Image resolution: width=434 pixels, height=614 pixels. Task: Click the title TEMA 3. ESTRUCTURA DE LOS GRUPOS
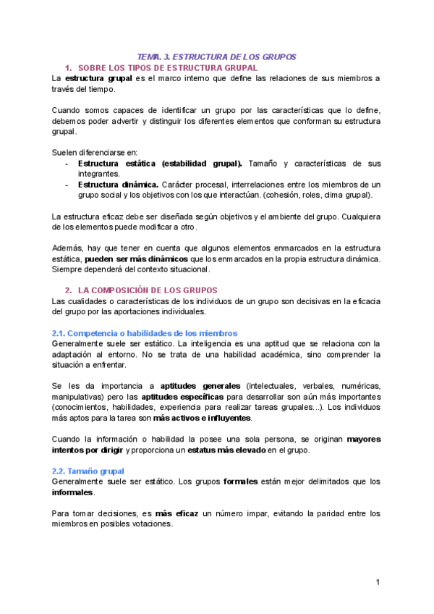pyautogui.click(x=217, y=56)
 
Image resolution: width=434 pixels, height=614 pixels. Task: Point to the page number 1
pyautogui.click(x=378, y=583)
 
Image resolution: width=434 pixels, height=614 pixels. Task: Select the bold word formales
pyautogui.click(x=244, y=481)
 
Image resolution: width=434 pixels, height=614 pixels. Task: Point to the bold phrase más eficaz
pyautogui.click(x=178, y=514)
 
